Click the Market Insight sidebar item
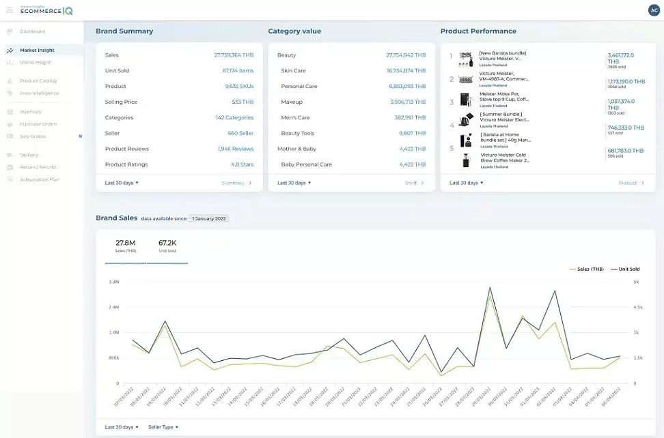[37, 50]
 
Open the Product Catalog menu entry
[38, 81]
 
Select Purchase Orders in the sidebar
[38, 124]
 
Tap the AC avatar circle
[654, 10]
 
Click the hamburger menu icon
[10, 10]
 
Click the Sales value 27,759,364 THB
[234, 55]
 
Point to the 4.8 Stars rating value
[242, 164]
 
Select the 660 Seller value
[240, 133]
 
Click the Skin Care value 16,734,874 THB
[406, 71]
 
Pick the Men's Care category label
[295, 118]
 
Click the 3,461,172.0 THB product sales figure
[620, 58]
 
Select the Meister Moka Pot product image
[466, 100]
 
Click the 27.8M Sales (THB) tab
[125, 246]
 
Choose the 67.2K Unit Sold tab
[167, 246]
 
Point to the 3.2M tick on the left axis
[113, 282]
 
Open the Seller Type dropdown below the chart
[163, 427]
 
